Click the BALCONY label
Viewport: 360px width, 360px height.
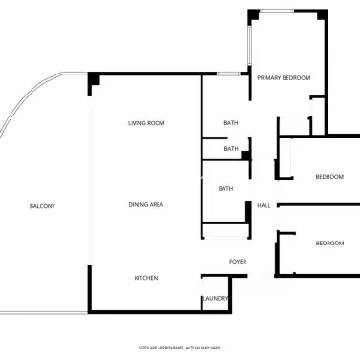pos(42,206)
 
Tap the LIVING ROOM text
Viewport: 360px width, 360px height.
pos(146,123)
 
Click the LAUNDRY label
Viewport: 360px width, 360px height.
pos(216,299)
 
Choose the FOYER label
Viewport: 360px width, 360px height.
pos(238,261)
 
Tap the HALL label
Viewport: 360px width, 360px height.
pos(264,205)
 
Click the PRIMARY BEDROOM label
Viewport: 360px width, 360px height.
pos(285,77)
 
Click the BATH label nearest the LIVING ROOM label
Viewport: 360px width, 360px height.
pos(231,123)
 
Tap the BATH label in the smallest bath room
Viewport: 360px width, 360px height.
pos(231,149)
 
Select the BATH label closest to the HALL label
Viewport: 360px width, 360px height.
pos(225,189)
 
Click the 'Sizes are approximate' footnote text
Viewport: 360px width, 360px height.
pos(180,347)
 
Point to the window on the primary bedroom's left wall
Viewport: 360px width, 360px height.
pos(249,48)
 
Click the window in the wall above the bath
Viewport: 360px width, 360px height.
pos(227,74)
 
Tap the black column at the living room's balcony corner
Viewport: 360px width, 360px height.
pos(94,83)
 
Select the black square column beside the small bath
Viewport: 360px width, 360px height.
pos(245,155)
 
